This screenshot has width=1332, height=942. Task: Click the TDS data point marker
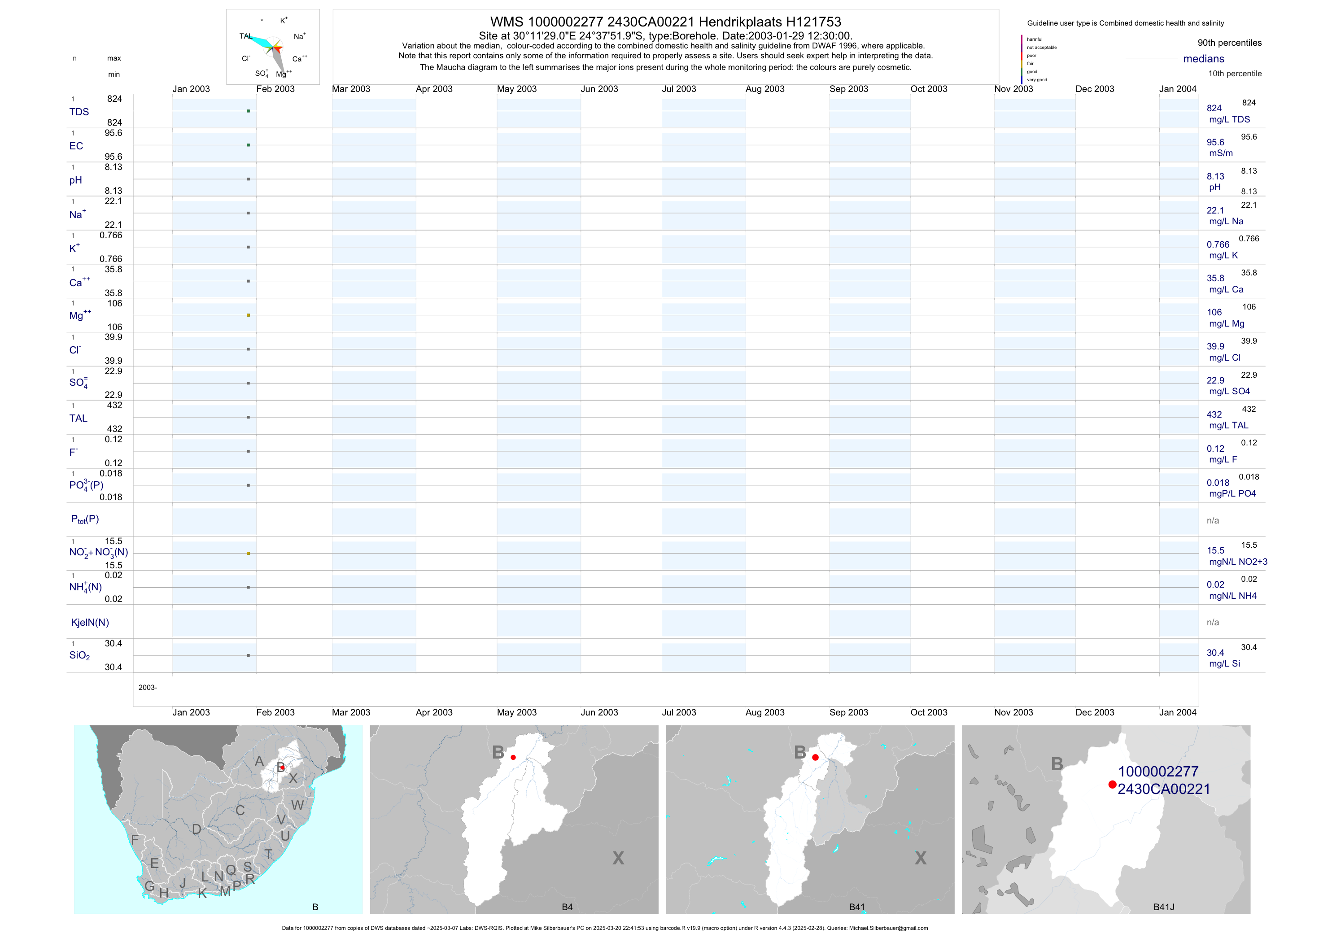pos(248,111)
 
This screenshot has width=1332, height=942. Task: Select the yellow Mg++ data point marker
pos(248,315)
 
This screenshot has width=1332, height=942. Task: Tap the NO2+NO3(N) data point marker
pos(248,554)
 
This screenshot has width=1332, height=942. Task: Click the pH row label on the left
pos(75,180)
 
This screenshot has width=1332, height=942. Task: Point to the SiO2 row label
pos(79,655)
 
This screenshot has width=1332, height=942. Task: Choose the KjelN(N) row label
pos(90,623)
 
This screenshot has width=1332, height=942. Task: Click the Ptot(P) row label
pos(85,519)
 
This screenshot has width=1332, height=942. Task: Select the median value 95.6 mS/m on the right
pos(1215,143)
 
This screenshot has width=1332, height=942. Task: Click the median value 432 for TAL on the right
pos(1214,415)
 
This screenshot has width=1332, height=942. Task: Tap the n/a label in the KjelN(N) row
pos(1213,623)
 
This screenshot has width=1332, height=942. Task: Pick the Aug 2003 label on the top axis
pos(764,89)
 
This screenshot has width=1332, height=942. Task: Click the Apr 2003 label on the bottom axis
pos(434,712)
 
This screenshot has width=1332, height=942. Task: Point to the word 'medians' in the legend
pos(1204,59)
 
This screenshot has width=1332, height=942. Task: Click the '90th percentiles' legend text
pos(1229,43)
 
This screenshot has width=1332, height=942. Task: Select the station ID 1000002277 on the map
pos(1158,772)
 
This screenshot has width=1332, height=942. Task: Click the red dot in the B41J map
pos(1112,785)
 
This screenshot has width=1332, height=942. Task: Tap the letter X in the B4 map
pos(618,859)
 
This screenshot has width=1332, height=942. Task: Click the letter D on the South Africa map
pos(197,829)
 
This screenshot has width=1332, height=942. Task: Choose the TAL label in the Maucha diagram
pos(245,36)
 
